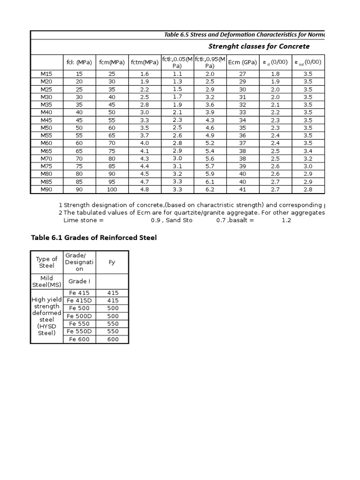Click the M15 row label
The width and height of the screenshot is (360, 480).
pyautogui.click(x=46, y=74)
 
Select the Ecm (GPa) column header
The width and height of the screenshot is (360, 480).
pyautogui.click(x=242, y=62)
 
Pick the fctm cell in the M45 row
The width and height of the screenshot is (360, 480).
pyautogui.click(x=144, y=120)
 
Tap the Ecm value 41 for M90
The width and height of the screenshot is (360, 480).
pyautogui.click(x=242, y=190)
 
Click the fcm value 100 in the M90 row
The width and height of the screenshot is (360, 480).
pyautogui.click(x=112, y=190)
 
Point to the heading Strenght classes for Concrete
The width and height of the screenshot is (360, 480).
pyautogui.click(x=259, y=46)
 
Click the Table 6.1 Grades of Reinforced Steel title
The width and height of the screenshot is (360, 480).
pyautogui.click(x=94, y=238)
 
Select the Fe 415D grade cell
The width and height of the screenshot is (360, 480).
pyautogui.click(x=79, y=300)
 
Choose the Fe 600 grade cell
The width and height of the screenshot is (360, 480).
pyautogui.click(x=79, y=339)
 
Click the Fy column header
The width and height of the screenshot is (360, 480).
pyautogui.click(x=112, y=262)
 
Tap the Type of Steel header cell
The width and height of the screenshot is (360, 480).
pyautogui.click(x=46, y=262)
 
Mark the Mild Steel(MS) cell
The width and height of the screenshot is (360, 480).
pyautogui.click(x=46, y=281)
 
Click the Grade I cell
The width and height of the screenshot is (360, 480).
pyautogui.click(x=79, y=281)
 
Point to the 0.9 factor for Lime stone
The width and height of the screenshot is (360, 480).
pyautogui.click(x=155, y=220)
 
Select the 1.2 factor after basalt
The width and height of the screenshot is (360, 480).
pyautogui.click(x=286, y=220)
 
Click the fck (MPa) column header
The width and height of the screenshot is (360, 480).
pyautogui.click(x=79, y=62)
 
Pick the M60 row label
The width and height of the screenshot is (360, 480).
pyautogui.click(x=46, y=143)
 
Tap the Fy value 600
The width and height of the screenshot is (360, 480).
pyautogui.click(x=113, y=339)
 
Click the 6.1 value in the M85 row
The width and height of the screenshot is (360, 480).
pyautogui.click(x=210, y=182)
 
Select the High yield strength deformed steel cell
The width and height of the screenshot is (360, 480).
pyautogui.click(x=46, y=316)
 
